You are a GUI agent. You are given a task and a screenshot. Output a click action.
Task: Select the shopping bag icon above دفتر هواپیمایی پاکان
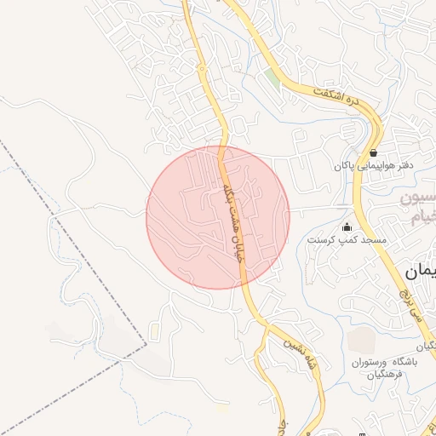374,152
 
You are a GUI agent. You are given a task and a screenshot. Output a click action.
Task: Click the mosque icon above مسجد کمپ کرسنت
347,227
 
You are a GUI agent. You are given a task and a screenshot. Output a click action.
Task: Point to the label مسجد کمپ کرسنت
347,241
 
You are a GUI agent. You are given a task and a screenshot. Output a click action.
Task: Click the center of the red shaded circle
218,217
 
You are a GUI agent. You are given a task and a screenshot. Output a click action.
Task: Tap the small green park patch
271,77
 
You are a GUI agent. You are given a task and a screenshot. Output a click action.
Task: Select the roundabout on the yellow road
201,68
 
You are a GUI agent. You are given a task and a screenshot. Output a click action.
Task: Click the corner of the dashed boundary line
146,344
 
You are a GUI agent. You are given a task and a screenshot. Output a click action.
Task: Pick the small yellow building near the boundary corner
153,328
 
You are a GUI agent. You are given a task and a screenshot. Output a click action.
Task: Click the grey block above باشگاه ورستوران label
360,339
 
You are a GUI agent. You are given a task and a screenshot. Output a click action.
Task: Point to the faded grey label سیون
417,204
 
